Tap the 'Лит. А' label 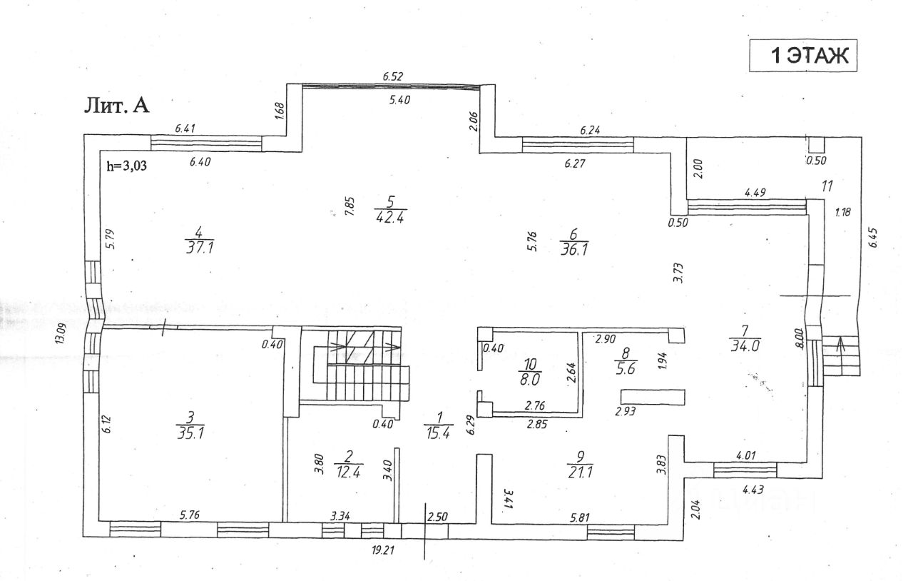pyautogui.click(x=117, y=106)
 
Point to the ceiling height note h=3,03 pyautogui.click(x=127, y=167)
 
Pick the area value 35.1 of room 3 pyautogui.click(x=189, y=430)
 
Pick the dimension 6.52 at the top pyautogui.click(x=394, y=76)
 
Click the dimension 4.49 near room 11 pyautogui.click(x=755, y=192)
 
